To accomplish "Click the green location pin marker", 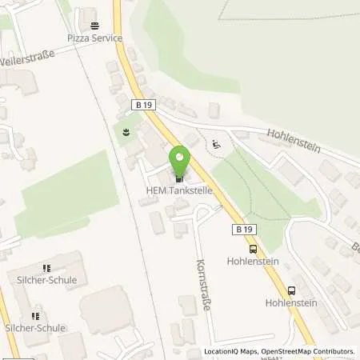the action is [x=180, y=158].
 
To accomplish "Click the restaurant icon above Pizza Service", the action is [x=94, y=26].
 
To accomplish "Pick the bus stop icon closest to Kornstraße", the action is [x=253, y=249].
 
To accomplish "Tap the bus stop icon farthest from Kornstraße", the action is [x=291, y=290].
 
